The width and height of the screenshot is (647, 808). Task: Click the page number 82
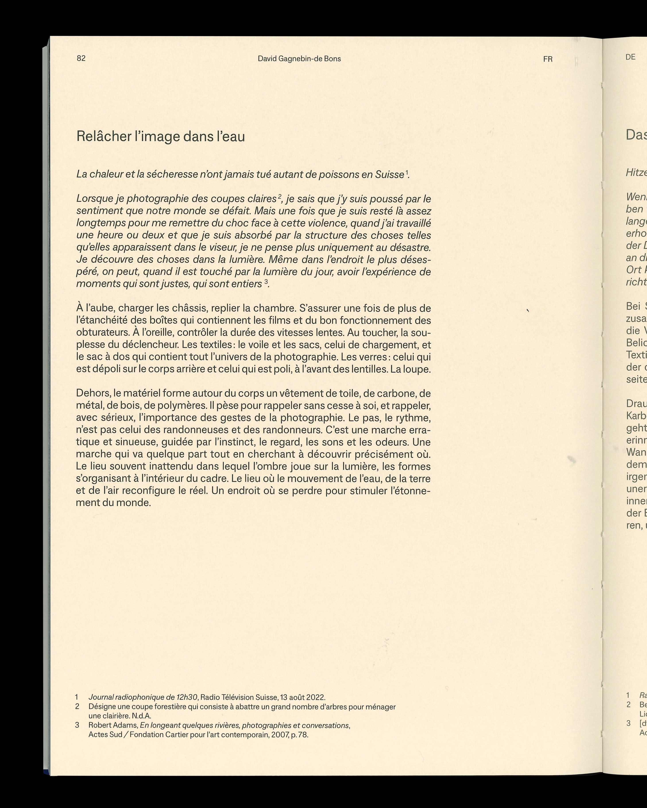tap(81, 58)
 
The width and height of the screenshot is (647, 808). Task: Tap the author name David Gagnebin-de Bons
tap(299, 59)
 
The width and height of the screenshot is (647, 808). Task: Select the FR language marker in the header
tap(548, 59)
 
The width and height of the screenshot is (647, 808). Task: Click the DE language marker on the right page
tap(630, 57)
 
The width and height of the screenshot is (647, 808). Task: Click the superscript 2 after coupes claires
tap(279, 196)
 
